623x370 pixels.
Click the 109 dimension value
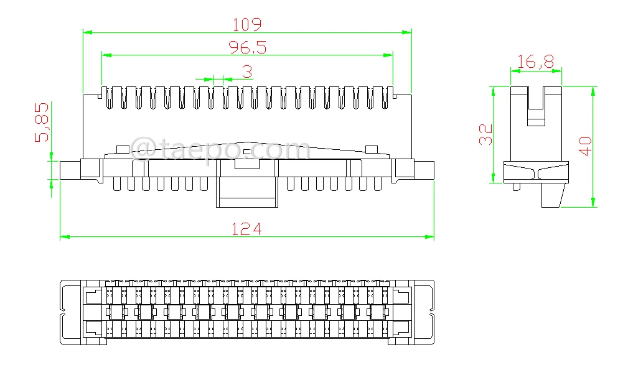pos(247,24)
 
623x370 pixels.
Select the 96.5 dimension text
pos(247,48)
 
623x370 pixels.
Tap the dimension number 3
pos(247,73)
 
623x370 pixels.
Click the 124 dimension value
pos(247,229)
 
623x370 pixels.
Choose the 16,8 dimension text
pos(535,62)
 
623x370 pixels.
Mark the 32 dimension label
pos(486,134)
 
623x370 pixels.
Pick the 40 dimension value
pos(585,146)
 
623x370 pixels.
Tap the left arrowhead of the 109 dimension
pos(87,32)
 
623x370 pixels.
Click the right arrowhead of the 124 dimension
pos(429,237)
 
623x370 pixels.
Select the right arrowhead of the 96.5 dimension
pos(389,55)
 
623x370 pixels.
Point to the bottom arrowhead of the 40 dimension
pos(593,203)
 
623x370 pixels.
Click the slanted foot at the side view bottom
pos(552,195)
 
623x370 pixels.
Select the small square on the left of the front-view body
pos(122,149)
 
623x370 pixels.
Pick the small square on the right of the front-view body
pos(371,149)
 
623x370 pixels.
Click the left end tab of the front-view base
pos(70,170)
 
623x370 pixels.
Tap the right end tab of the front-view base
pos(424,170)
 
